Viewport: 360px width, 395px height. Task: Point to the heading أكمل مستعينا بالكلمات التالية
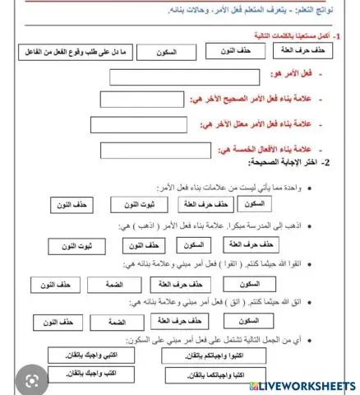point(303,37)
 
